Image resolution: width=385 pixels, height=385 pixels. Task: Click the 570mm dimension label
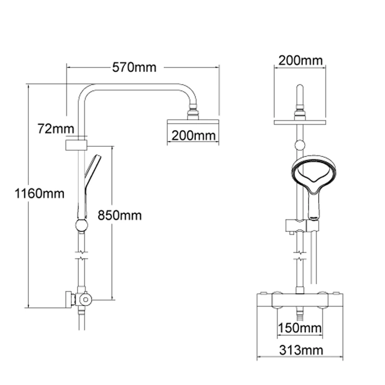pos(134,67)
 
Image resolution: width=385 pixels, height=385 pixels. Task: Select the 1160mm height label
pos(39,193)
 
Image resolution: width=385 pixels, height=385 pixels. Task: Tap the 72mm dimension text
pos(56,128)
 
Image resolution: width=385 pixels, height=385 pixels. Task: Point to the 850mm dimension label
pos(119,215)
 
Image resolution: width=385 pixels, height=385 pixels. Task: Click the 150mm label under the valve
pos(299,328)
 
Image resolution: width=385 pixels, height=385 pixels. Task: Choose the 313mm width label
pos(301,350)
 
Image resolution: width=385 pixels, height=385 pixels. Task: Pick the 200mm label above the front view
pos(300,61)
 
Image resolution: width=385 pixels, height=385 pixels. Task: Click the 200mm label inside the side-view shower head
pos(193,136)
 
